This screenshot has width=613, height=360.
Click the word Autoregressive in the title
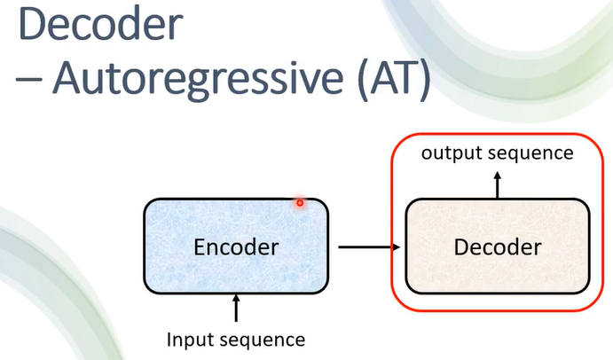pos(200,81)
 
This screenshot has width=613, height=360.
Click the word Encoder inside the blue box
pos(236,247)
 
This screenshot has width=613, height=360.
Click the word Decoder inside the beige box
pos(498,247)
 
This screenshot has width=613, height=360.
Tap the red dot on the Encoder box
pos(300,203)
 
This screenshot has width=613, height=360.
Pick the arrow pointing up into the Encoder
pos(236,308)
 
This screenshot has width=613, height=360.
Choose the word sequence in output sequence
pos(529,153)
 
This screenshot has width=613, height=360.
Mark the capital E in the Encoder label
pos(200,247)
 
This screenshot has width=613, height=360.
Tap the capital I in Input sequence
pos(169,339)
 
